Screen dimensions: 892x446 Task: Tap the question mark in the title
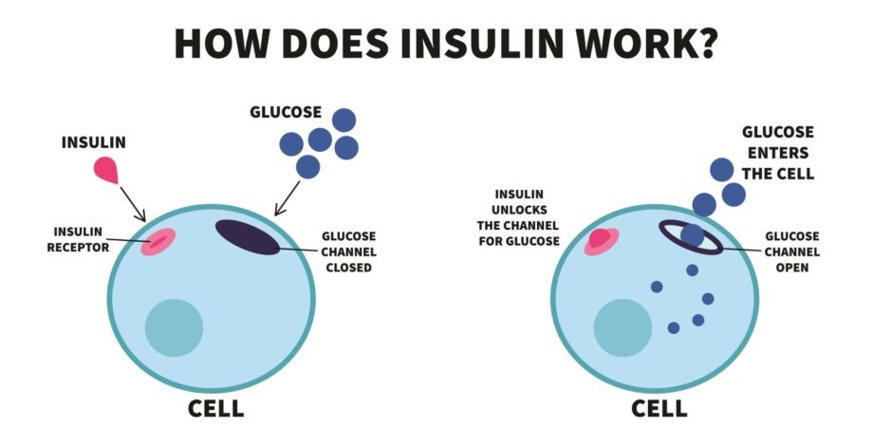coord(705,44)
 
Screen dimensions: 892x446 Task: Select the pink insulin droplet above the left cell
coord(106,170)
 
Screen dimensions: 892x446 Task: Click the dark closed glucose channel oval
coord(248,237)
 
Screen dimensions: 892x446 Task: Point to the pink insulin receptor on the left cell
coord(158,242)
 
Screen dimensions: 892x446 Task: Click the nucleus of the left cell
coord(174,327)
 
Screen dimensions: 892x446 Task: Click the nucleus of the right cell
coord(623,327)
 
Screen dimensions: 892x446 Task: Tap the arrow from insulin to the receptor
coord(133,204)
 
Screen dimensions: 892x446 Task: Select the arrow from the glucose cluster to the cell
coord(288,198)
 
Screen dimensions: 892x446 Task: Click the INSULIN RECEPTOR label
coord(78,239)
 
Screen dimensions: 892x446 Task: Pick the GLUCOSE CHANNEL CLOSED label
coord(348,251)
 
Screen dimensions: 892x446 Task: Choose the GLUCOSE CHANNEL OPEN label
coord(791,251)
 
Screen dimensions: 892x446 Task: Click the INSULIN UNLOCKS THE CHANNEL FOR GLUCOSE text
coord(518,218)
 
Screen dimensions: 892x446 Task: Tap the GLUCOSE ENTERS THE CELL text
coord(778,153)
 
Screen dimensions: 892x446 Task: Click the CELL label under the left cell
coord(216,408)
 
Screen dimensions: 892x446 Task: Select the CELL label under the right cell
coord(660,408)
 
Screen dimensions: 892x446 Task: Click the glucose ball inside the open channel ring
coord(693,235)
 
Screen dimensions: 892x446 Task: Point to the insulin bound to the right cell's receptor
coord(599,238)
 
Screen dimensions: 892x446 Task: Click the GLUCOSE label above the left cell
coord(286,112)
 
